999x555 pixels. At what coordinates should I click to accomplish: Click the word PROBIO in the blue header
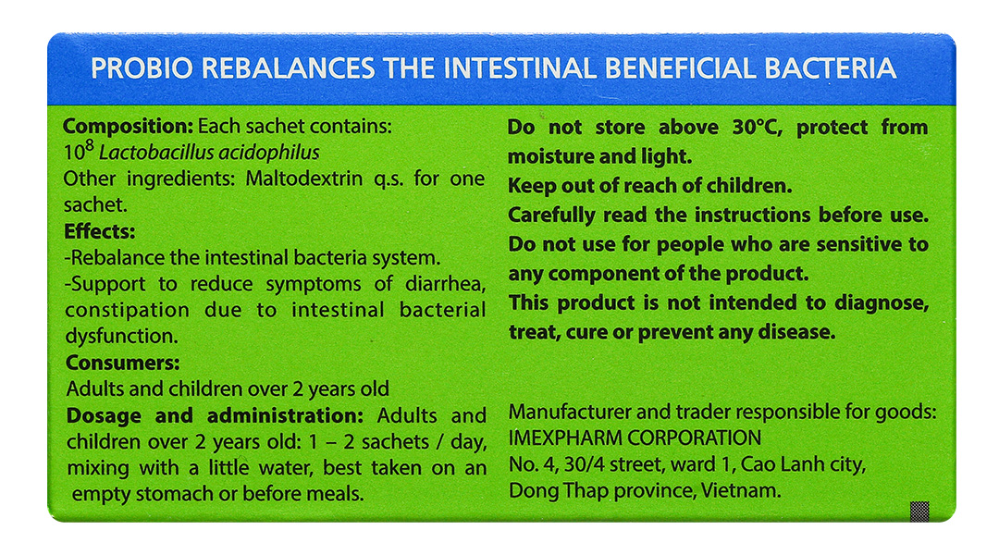pyautogui.click(x=142, y=68)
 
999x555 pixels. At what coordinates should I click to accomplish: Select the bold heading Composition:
pyautogui.click(x=128, y=127)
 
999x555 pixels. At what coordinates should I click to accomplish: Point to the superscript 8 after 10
pyautogui.click(x=89, y=147)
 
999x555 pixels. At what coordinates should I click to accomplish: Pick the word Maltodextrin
pyautogui.click(x=304, y=179)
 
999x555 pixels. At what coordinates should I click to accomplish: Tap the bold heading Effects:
pyautogui.click(x=99, y=231)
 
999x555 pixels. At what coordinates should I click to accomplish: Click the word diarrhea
pyautogui.click(x=445, y=284)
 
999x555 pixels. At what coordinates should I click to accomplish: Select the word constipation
pyautogui.click(x=128, y=310)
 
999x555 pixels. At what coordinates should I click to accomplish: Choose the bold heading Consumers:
pyautogui.click(x=123, y=363)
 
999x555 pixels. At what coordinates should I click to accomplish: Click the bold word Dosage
pyautogui.click(x=104, y=416)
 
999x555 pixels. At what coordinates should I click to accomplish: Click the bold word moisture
pyautogui.click(x=549, y=156)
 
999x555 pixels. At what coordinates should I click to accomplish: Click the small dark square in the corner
pyautogui.click(x=919, y=511)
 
